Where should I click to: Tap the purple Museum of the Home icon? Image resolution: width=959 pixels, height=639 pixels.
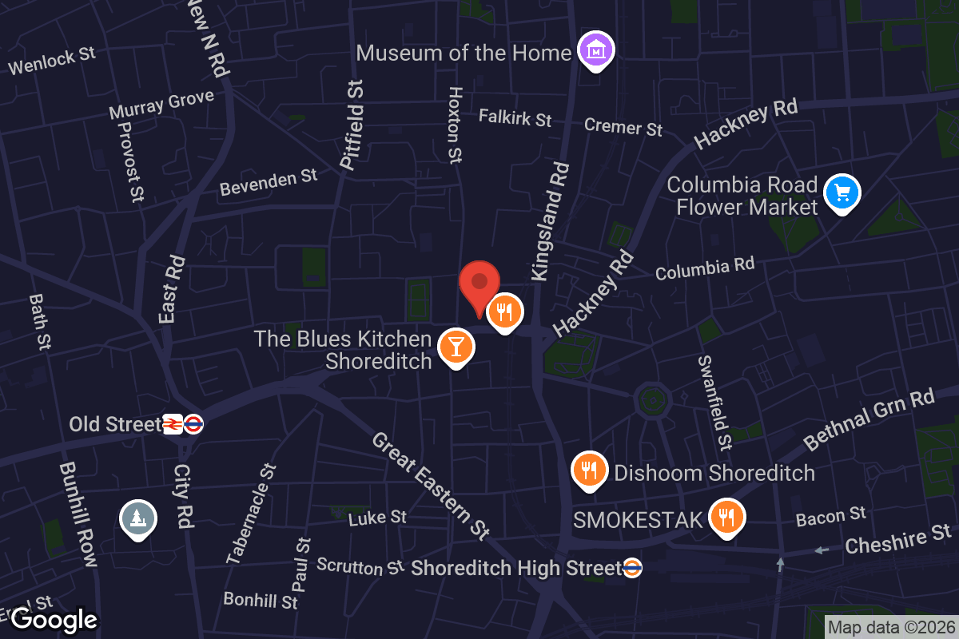tap(595, 50)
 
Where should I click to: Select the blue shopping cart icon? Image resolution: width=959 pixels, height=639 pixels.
tap(842, 192)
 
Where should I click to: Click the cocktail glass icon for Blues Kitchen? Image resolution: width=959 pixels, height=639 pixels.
tap(456, 346)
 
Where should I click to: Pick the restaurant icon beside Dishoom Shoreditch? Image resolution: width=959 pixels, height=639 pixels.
tap(590, 470)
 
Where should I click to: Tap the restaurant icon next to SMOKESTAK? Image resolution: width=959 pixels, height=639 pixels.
tap(726, 516)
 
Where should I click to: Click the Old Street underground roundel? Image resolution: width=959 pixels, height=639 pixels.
tap(193, 424)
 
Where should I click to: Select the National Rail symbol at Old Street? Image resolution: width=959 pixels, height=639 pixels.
tap(173, 424)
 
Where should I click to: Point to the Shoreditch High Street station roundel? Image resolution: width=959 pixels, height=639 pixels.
tap(632, 568)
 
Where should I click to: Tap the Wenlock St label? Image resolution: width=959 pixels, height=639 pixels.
tap(52, 60)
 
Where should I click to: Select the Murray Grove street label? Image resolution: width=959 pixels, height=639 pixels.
tap(161, 103)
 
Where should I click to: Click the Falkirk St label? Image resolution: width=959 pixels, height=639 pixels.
tap(515, 117)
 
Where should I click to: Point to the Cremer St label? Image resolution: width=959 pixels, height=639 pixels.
tap(623, 126)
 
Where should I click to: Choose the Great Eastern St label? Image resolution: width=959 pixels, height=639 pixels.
tap(430, 485)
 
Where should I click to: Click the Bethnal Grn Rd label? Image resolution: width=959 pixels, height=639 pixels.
tap(869, 419)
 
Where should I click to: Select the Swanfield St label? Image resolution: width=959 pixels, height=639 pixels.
tap(714, 402)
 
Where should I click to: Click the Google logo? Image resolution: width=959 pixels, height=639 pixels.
tap(54, 619)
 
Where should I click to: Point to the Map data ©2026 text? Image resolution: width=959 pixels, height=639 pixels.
tap(891, 627)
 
